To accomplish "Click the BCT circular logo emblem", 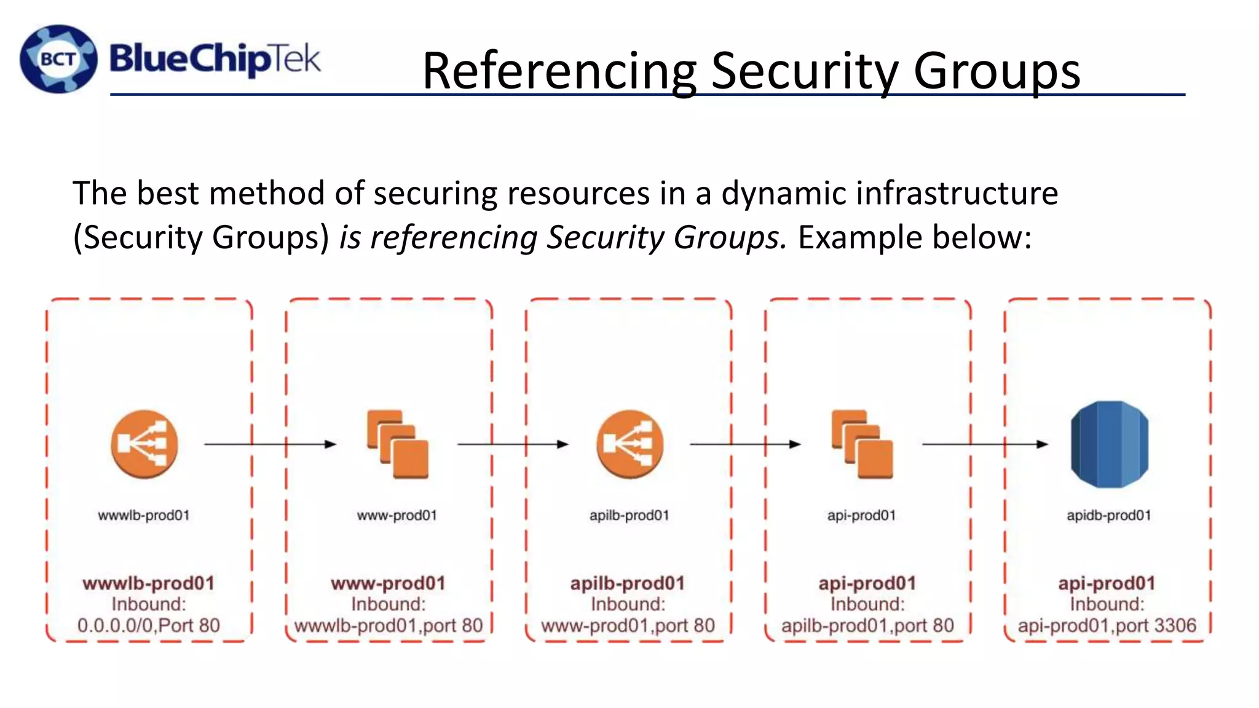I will coord(58,59).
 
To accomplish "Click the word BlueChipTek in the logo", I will coord(215,60).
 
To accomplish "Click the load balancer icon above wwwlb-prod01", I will coord(144,444).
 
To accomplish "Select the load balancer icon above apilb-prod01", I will coord(629,444).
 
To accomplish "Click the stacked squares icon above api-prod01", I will coord(862,444).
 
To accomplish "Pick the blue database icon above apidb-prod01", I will coord(1109,444).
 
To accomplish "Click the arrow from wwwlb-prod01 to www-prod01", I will coord(270,444).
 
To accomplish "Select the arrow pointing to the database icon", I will coord(985,444).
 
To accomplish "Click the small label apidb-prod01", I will coord(1108,516).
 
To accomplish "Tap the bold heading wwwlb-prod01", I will coord(149,583).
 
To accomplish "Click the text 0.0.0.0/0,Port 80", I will coord(149,626).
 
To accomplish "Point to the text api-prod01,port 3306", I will coord(1107,626).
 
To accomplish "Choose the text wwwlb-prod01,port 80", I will coord(389,626).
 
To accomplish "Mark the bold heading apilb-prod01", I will coord(628,583).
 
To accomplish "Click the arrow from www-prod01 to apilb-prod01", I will coord(513,444).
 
